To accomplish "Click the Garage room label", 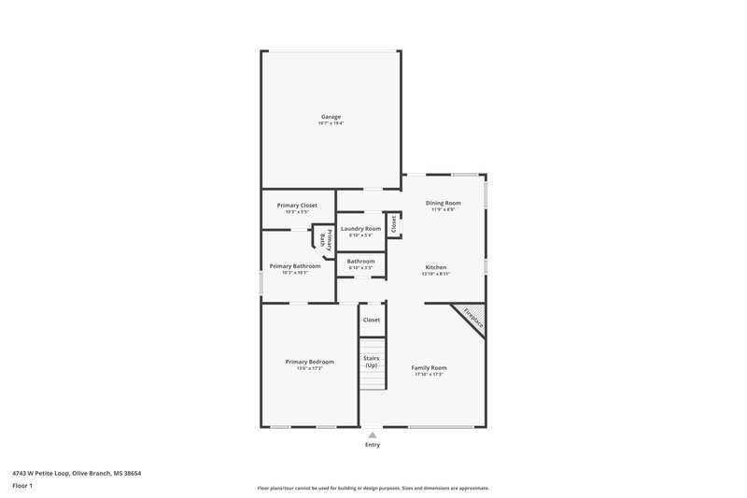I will pyautogui.click(x=331, y=117).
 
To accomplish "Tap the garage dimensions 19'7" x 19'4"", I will pyautogui.click(x=331, y=123).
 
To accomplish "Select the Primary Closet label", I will pyautogui.click(x=297, y=206).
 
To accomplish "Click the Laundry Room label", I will pyautogui.click(x=360, y=229).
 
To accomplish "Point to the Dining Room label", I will pyautogui.click(x=443, y=203).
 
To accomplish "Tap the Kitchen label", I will pyautogui.click(x=435, y=267).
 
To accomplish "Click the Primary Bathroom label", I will pyautogui.click(x=295, y=266).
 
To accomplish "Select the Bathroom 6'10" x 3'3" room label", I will pyautogui.click(x=360, y=262).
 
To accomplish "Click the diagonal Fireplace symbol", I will pyautogui.click(x=473, y=318).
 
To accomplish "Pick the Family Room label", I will pyautogui.click(x=430, y=367).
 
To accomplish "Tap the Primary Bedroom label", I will pyautogui.click(x=309, y=362).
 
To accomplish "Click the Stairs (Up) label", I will pyautogui.click(x=371, y=361).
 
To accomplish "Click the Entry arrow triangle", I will pyautogui.click(x=373, y=434).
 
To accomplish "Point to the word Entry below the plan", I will pyautogui.click(x=373, y=445).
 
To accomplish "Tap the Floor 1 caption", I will pyautogui.click(x=22, y=487).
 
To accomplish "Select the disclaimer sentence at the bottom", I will pyautogui.click(x=373, y=488).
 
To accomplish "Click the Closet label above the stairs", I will pyautogui.click(x=372, y=320).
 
